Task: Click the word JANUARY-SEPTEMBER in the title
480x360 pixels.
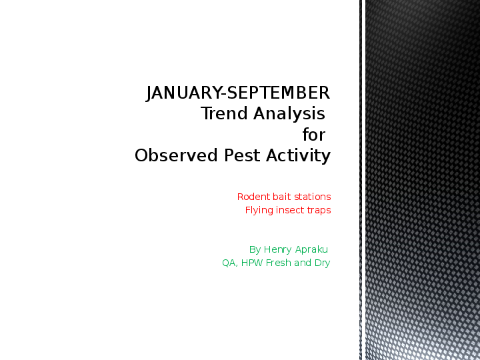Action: (238, 93)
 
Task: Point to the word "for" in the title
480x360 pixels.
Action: (314, 135)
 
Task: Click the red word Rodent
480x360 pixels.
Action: (253, 197)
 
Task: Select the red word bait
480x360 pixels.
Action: (283, 197)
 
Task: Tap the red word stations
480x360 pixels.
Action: (313, 197)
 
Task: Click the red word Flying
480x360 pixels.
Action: (258, 210)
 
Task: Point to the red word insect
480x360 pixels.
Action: (290, 210)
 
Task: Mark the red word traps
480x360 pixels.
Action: (319, 210)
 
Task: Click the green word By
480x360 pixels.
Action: (255, 249)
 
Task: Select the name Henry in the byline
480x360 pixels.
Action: (278, 249)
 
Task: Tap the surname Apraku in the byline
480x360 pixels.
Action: (311, 249)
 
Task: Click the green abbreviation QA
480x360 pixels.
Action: (231, 263)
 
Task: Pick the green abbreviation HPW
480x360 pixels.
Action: (252, 263)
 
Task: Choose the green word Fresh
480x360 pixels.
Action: (279, 263)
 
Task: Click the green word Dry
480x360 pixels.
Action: (323, 263)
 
